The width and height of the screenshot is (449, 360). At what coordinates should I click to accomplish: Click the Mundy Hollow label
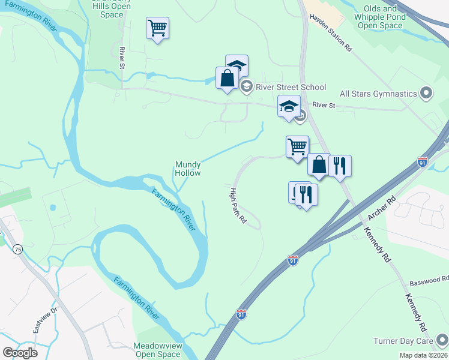click(188, 168)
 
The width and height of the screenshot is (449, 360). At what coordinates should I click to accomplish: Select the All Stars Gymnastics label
click(378, 94)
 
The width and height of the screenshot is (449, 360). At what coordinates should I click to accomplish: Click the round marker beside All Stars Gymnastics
click(426, 93)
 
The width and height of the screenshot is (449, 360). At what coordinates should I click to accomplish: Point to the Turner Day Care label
click(408, 341)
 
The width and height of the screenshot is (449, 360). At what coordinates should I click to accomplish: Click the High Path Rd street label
click(238, 206)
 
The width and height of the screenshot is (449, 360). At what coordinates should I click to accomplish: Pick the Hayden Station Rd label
click(330, 34)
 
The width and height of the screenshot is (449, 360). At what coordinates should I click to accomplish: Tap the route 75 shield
click(19, 250)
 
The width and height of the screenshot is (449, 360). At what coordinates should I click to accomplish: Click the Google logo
click(20, 353)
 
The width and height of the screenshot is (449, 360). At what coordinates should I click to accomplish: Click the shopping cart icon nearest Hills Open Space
click(157, 28)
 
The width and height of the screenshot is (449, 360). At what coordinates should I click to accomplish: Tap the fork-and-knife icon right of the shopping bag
click(340, 166)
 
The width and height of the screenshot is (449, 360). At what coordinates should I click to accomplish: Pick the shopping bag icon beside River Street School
click(227, 78)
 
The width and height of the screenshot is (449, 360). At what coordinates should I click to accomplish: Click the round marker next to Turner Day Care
click(443, 340)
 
